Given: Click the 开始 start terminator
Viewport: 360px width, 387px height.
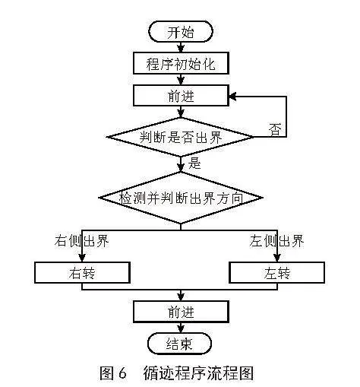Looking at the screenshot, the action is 181,32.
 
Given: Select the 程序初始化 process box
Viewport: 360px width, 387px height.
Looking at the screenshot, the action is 181,63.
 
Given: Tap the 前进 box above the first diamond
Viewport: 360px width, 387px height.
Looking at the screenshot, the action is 181,96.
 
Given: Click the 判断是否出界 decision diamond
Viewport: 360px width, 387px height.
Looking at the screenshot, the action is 181,137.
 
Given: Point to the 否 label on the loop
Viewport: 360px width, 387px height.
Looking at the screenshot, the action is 275,130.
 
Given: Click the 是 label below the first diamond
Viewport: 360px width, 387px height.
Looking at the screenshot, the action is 194,163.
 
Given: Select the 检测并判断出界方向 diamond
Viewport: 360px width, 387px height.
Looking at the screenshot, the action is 181,198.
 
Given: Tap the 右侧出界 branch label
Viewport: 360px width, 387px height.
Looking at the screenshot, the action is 81,240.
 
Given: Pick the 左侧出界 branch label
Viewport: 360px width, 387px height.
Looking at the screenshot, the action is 276,240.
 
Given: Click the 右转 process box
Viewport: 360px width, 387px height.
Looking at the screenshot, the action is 82,273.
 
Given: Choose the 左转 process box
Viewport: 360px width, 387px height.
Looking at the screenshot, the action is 276,273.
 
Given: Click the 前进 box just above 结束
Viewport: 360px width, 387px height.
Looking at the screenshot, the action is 181,312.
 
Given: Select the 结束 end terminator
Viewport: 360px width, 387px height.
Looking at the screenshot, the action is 179,344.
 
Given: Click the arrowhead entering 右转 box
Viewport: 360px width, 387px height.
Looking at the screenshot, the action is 82,258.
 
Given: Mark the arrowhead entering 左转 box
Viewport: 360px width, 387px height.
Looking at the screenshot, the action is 277,258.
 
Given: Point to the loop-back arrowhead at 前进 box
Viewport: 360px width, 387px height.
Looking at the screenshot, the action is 232,97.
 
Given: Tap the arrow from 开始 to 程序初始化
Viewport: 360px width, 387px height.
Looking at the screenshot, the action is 181,47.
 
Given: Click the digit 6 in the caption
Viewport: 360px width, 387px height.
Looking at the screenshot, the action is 122,373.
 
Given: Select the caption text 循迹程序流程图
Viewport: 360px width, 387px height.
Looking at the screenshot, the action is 198,373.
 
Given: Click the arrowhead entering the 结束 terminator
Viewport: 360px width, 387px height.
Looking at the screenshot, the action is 181,328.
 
